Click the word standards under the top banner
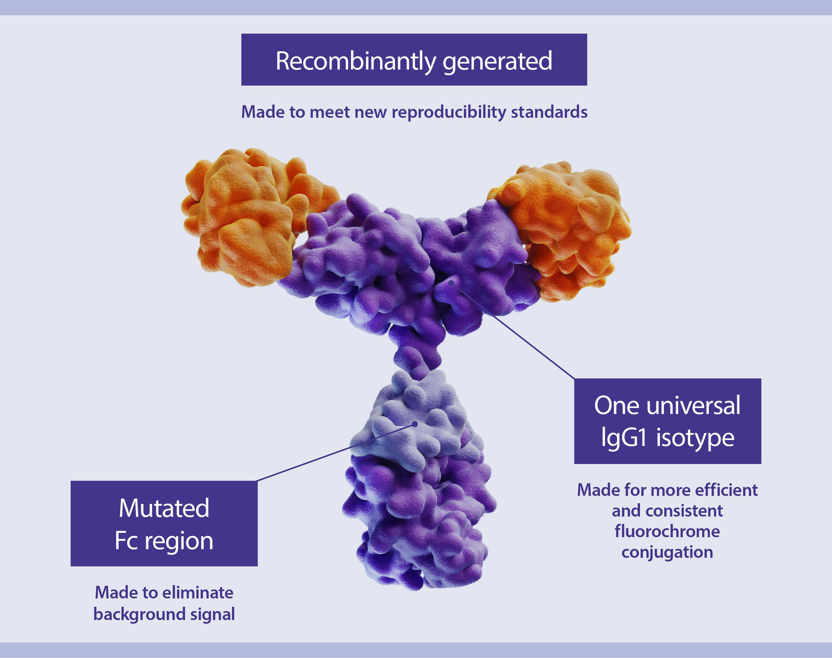pyautogui.click(x=549, y=112)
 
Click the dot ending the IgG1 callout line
pyautogui.click(x=452, y=283)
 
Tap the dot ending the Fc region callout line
pyautogui.click(x=415, y=424)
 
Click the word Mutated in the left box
pyautogui.click(x=164, y=508)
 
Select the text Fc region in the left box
pyautogui.click(x=164, y=541)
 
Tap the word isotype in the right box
pyautogui.click(x=695, y=438)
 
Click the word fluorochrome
pyautogui.click(x=667, y=531)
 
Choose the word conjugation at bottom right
pyautogui.click(x=667, y=552)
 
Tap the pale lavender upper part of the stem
pyautogui.click(x=412, y=416)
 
